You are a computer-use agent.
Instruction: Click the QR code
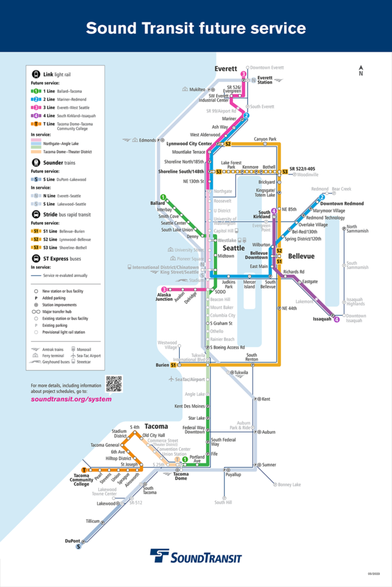(x=114, y=383)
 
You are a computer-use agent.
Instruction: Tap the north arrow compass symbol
(x=360, y=70)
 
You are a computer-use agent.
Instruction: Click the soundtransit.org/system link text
(x=71, y=399)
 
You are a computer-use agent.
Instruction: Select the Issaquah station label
(x=322, y=318)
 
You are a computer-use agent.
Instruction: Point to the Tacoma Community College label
(x=81, y=480)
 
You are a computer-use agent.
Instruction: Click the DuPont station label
(x=73, y=541)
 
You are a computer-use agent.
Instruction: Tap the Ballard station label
(x=158, y=203)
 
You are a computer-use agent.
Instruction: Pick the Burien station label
(x=161, y=365)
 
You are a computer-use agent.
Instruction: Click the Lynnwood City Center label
(x=189, y=143)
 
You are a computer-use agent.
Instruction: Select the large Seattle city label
(x=234, y=248)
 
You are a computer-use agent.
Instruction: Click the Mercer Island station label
(x=250, y=284)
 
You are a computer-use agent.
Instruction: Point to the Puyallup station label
(x=233, y=475)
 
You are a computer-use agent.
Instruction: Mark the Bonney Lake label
(x=289, y=484)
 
